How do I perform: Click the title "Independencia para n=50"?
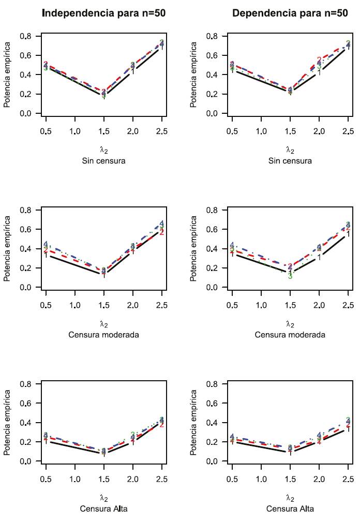(103, 13)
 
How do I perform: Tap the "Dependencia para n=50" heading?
(290, 13)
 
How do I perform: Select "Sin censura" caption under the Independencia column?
(103, 160)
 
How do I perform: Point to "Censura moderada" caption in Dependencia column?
(290, 335)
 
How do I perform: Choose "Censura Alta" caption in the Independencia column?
(103, 509)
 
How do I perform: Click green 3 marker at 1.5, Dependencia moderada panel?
(290, 276)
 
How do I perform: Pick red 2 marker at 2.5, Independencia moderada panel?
(162, 232)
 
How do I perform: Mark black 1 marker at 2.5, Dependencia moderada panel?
(348, 234)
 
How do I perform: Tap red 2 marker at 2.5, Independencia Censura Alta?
(162, 424)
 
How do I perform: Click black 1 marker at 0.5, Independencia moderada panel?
(46, 255)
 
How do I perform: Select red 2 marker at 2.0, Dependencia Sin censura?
(319, 60)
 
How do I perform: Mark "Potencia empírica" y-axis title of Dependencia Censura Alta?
(194, 423)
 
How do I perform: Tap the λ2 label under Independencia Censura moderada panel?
(103, 324)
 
